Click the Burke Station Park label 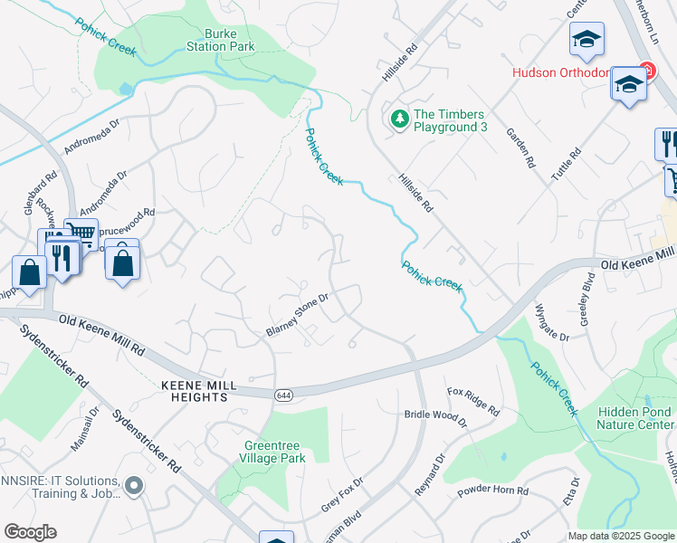221,39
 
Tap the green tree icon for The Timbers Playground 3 399,119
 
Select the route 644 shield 283,395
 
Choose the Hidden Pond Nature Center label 634,417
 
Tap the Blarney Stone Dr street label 296,312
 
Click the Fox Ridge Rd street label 473,401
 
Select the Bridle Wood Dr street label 434,418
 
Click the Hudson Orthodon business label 571,72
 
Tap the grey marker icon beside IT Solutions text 135,487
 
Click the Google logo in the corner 30,532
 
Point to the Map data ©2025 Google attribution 621,536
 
